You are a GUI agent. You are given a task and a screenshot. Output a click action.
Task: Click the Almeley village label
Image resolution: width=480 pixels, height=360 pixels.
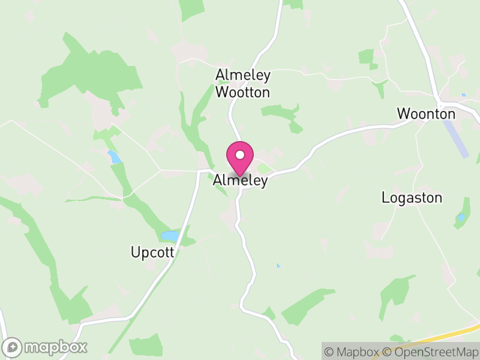pos(240,181)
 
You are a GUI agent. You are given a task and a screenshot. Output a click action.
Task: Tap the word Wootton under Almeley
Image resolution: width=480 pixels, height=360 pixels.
pos(243,92)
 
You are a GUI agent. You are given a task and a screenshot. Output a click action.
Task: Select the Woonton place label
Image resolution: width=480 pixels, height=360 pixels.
pos(426,113)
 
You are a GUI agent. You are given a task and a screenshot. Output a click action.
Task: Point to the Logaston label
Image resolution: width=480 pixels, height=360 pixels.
pos(412,198)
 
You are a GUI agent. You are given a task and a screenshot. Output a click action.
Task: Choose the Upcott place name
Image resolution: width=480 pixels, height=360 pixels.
pos(152,253)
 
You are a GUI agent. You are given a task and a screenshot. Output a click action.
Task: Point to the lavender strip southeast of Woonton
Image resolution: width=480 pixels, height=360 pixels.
pos(455,138)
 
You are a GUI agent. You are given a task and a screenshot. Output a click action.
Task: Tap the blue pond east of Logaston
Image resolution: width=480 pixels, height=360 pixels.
pos(461,218)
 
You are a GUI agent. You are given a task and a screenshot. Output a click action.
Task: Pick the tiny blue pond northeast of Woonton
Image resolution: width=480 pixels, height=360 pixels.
pos(464,95)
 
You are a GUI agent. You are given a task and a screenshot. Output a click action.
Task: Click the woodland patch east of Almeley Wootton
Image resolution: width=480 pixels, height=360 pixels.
pos(282,113)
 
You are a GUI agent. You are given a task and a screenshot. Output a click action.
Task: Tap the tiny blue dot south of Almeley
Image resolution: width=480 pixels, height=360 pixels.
pos(278,265)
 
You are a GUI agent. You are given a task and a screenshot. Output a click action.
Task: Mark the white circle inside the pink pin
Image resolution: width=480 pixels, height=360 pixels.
pos(240,155)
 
